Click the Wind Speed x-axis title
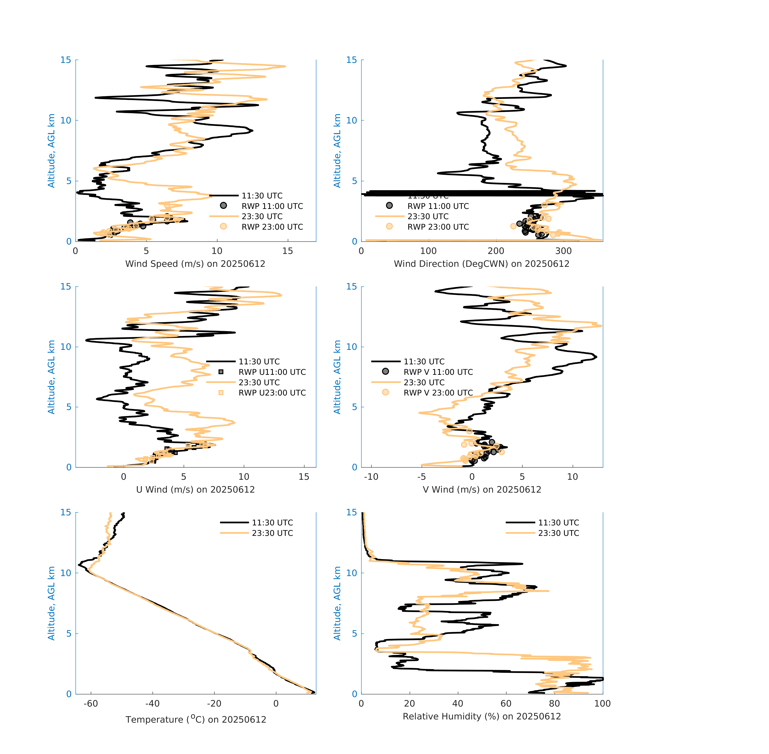point(195,264)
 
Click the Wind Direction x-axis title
point(482,264)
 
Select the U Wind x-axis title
point(195,489)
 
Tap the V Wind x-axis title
point(482,489)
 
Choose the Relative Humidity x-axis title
point(482,716)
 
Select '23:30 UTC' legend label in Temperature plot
point(272,533)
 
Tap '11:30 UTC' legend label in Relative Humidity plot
point(558,523)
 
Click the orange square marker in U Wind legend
point(221,392)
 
